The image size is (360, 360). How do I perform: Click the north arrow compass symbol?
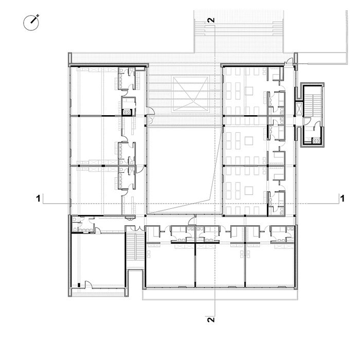coord(31,23)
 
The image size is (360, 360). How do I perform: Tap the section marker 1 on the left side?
coord(39,199)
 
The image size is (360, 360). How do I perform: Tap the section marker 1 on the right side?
coord(343,199)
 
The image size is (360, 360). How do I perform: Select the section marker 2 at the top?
coord(211,20)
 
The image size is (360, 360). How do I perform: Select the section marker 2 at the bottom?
coord(211,319)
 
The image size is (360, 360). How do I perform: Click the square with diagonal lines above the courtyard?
coord(191,94)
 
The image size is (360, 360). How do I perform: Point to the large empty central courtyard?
coord(184,170)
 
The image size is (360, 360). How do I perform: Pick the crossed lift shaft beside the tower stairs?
coord(299,109)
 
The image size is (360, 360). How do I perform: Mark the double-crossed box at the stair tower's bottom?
coord(316,140)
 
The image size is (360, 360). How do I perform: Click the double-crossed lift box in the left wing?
coord(127,112)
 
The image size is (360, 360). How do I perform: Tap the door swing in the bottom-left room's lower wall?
coord(88,284)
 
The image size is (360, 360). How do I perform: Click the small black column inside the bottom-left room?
coord(79,285)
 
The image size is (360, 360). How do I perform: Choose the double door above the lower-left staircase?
coord(137,228)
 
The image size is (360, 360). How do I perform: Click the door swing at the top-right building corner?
coord(289,61)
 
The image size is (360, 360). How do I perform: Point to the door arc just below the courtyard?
coord(191,221)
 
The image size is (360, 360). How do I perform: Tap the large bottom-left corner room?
coord(98,260)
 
